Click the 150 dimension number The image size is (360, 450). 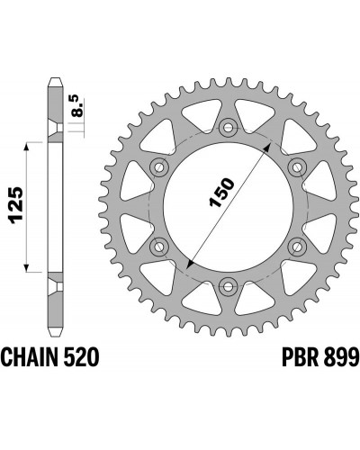[221, 193]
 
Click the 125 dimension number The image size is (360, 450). [15, 205]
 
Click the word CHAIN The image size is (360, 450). [29, 357]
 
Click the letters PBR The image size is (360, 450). [300, 357]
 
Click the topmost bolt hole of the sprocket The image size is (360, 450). [229, 129]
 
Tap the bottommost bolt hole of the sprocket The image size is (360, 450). [229, 286]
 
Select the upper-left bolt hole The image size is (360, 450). [159, 167]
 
